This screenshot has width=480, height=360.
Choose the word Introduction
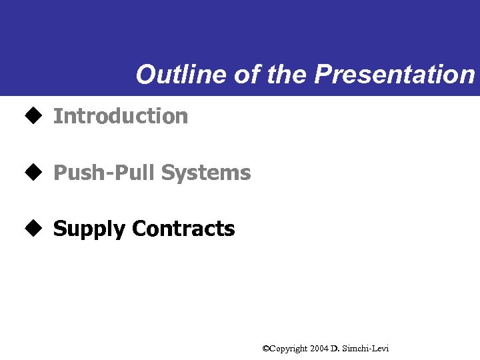[x=121, y=116]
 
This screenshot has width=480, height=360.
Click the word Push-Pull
[x=105, y=173]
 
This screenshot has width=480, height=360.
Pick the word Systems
[x=206, y=173]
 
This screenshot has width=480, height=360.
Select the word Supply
[x=89, y=229]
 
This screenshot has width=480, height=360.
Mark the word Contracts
[x=183, y=229]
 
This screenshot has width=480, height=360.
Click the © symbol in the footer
[x=265, y=348]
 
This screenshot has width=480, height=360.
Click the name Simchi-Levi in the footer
[x=365, y=349]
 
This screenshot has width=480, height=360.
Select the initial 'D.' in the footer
[x=335, y=349]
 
